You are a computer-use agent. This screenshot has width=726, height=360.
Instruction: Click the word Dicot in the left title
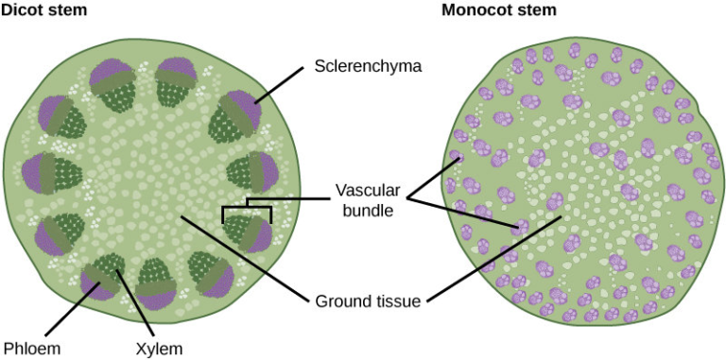point(20,10)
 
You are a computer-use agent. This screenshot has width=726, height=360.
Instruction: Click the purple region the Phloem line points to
point(96,283)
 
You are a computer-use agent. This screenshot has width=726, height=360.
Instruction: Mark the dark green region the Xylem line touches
point(114,268)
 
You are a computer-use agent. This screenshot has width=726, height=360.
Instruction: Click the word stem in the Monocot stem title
point(538,10)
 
